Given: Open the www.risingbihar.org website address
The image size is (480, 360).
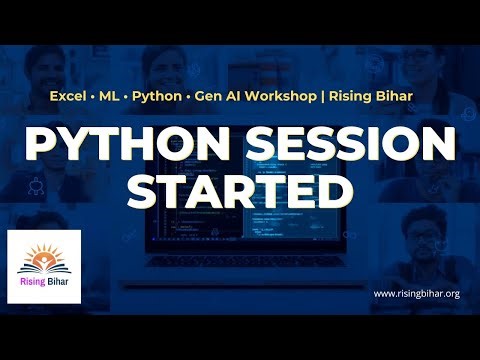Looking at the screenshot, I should (416, 294).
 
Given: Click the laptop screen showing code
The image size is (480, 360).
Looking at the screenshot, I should (240, 240).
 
